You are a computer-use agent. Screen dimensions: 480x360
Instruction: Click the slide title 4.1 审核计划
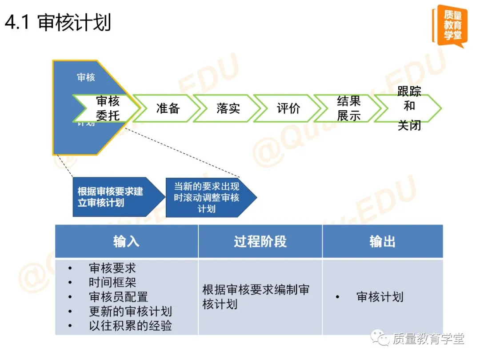tap(58, 23)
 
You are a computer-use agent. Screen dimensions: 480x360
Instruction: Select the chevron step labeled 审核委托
tap(107, 108)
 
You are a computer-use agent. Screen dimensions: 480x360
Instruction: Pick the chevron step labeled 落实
tap(228, 108)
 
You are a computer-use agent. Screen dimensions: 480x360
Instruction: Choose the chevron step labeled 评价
tap(288, 108)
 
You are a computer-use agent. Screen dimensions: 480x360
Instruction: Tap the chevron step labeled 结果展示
tap(348, 108)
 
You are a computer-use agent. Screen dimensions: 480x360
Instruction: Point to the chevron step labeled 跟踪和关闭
tap(409, 108)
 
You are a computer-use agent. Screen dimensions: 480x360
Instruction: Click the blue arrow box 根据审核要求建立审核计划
tap(113, 197)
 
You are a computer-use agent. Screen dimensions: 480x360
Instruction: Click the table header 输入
tap(126, 241)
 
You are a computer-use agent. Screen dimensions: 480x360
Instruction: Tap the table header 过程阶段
tap(260, 241)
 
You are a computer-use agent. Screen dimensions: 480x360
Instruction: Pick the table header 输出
tap(382, 241)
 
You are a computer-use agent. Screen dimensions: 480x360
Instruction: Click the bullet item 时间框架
tap(112, 282)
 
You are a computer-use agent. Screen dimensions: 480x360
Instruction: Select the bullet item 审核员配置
tap(118, 297)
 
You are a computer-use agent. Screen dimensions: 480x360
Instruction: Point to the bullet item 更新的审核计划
tap(130, 312)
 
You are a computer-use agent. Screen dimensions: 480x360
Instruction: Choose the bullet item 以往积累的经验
tap(130, 326)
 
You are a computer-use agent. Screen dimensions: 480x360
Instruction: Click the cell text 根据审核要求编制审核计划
tap(256, 297)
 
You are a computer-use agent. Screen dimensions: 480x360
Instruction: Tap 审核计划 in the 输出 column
tap(380, 297)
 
